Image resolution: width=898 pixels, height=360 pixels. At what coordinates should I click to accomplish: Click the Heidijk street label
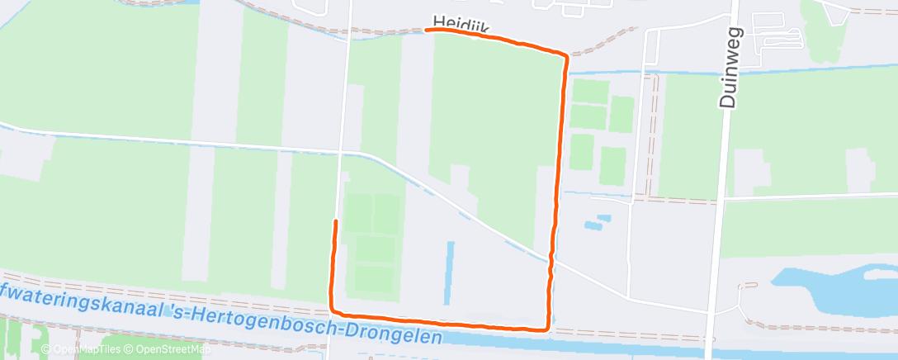coord(460,24)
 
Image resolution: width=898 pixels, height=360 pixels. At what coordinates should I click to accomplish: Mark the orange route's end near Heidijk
coord(428,30)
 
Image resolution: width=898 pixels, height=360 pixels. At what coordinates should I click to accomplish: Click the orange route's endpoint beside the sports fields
coord(335,221)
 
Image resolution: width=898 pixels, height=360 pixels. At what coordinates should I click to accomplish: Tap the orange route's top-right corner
coord(565,55)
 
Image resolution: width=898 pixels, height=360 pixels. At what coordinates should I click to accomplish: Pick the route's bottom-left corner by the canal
coord(332,310)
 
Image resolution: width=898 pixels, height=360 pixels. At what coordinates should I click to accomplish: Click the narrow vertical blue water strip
coord(450,272)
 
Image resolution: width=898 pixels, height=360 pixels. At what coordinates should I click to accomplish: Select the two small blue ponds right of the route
coord(597,222)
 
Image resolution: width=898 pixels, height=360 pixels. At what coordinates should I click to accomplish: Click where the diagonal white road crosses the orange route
coord(551,260)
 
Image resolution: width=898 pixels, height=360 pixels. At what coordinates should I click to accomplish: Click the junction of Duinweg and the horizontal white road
coord(723,198)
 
